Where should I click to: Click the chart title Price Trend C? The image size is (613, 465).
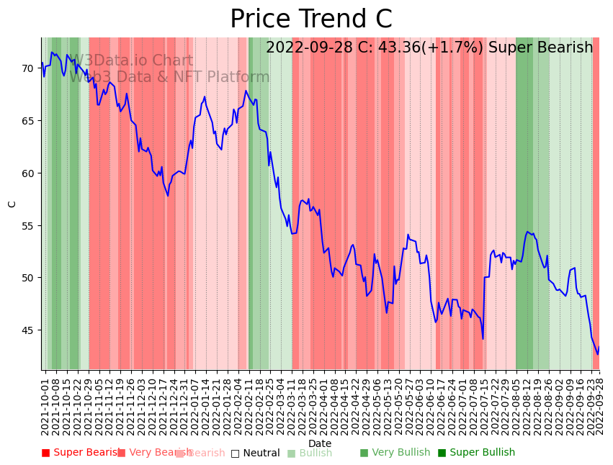click(x=310, y=19)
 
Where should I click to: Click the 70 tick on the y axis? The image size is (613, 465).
click(x=27, y=68)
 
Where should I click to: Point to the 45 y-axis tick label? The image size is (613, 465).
click(x=27, y=330)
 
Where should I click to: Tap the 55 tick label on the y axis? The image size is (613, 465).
click(x=27, y=226)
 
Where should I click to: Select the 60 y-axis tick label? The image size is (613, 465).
click(x=27, y=173)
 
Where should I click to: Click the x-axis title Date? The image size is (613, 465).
click(x=320, y=444)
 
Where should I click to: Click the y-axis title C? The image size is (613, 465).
click(x=12, y=204)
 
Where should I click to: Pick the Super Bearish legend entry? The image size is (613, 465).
click(x=81, y=453)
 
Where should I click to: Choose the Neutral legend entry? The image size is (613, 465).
click(x=256, y=453)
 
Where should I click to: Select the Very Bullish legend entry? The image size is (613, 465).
click(x=395, y=453)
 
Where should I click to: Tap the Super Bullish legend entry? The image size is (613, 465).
click(x=476, y=453)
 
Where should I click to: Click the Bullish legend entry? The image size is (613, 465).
click(x=310, y=453)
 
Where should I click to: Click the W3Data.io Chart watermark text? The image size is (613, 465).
click(x=131, y=61)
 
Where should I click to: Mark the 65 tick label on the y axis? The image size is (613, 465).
click(x=27, y=121)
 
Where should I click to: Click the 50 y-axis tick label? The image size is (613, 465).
click(x=27, y=278)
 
